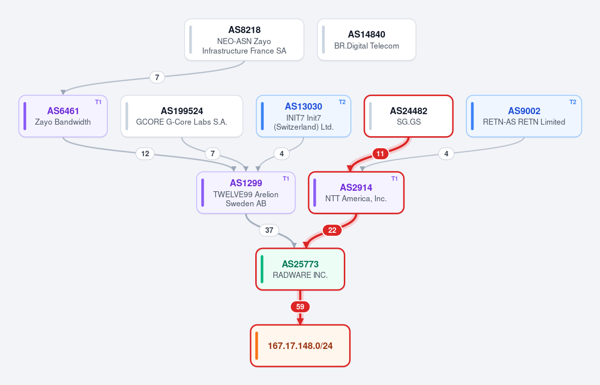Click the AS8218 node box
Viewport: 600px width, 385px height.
click(x=244, y=40)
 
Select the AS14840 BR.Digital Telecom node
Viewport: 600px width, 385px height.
click(x=367, y=40)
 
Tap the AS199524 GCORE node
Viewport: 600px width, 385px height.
click(x=182, y=116)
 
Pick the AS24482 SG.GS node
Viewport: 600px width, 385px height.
click(x=409, y=116)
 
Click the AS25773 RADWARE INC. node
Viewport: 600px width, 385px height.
click(x=300, y=269)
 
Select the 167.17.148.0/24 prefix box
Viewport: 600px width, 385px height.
click(x=300, y=346)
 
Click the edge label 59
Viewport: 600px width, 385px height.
click(x=300, y=307)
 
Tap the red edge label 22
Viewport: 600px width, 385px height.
click(x=332, y=230)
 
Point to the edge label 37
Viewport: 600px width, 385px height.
click(x=269, y=230)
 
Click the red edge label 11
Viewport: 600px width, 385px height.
click(x=380, y=154)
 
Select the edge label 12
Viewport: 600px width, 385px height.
click(x=145, y=154)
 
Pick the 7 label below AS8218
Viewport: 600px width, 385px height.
click(x=157, y=77)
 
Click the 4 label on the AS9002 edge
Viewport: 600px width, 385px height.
click(x=446, y=154)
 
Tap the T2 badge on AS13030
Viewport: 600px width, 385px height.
click(x=342, y=102)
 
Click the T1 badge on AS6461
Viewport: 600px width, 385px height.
click(x=99, y=102)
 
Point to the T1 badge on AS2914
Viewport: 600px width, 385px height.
click(x=394, y=179)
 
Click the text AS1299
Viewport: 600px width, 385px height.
click(x=246, y=183)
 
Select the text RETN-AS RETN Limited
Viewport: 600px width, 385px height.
click(x=524, y=122)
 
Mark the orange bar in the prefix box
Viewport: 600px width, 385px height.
click(x=257, y=346)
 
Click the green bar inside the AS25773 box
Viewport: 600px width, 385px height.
click(x=262, y=269)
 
